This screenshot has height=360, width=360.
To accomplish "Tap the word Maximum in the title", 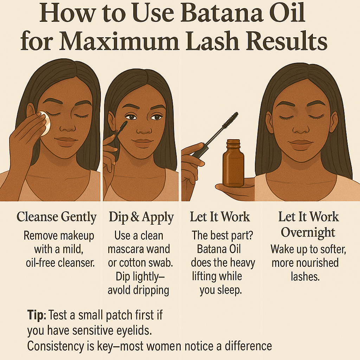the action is [120, 41].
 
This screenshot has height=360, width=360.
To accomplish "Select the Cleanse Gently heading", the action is [57, 217].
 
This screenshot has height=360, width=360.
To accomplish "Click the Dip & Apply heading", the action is [141, 217].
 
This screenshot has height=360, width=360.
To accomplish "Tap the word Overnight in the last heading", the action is [308, 233].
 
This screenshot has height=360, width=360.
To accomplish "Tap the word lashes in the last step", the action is [305, 276].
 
